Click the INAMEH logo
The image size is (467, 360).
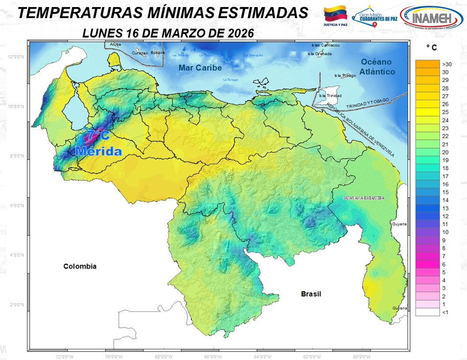(x=432, y=19)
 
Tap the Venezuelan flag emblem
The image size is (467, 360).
(x=335, y=15)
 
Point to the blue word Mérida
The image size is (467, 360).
(x=98, y=151)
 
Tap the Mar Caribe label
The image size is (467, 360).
(x=200, y=68)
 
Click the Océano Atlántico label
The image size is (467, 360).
(x=377, y=67)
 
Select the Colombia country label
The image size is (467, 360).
(x=79, y=266)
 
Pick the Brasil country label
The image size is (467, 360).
(x=311, y=294)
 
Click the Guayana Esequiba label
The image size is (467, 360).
(x=363, y=199)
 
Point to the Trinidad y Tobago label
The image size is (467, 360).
(x=367, y=104)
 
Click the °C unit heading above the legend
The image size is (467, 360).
(x=431, y=47)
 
